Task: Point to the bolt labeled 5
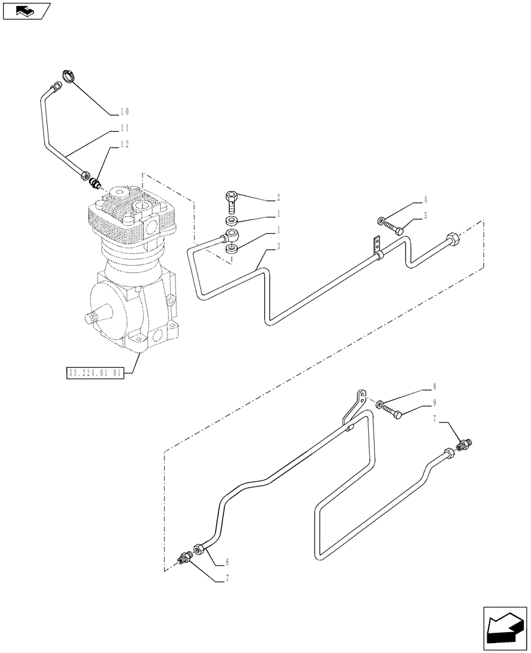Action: click(394, 227)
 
